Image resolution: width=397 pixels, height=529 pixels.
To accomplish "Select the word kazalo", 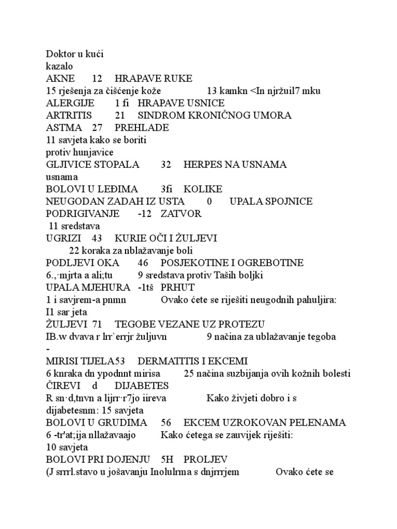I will tap(59, 66).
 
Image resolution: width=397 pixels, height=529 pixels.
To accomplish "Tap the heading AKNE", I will tap(60, 79).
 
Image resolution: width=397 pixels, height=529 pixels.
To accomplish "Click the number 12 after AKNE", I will tap(97, 79).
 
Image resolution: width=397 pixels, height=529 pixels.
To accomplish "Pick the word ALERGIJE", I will tap(70, 103).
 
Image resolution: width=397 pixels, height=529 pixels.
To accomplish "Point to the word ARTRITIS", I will tap(69, 115).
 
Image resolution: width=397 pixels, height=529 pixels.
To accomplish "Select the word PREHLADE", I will tap(142, 127).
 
